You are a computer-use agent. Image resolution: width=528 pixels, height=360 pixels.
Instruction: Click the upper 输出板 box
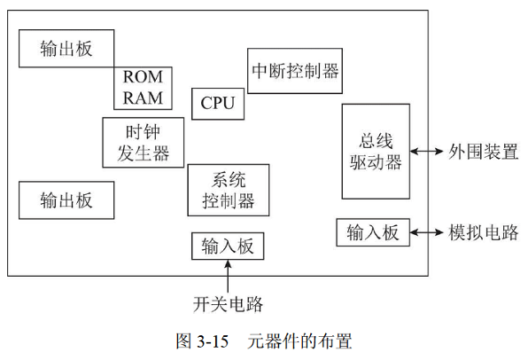point(66,48)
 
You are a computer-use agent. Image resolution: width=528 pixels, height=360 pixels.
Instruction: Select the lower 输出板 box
point(66,200)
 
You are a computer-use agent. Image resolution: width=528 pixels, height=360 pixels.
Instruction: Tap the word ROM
point(143,77)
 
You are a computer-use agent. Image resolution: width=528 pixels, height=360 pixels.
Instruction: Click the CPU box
point(218,104)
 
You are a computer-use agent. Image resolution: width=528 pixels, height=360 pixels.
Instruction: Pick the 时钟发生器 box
point(144,142)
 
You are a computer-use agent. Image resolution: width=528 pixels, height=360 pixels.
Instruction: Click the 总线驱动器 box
point(376,152)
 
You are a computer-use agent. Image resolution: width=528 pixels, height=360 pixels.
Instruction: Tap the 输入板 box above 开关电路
point(228,246)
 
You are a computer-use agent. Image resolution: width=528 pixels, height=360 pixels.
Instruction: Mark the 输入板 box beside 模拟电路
point(373,232)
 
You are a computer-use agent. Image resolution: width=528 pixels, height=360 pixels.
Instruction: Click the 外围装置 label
point(483,152)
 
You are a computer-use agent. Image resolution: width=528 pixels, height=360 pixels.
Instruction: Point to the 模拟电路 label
point(483,232)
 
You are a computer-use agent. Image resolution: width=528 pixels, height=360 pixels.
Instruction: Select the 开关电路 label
point(229,304)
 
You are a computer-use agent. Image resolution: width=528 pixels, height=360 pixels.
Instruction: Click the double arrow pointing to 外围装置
point(428,152)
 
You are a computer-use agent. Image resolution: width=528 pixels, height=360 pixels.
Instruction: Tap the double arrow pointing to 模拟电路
point(428,232)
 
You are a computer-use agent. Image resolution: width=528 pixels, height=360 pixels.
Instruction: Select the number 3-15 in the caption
point(214,341)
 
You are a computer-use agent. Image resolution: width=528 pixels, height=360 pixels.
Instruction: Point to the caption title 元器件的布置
point(300,341)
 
